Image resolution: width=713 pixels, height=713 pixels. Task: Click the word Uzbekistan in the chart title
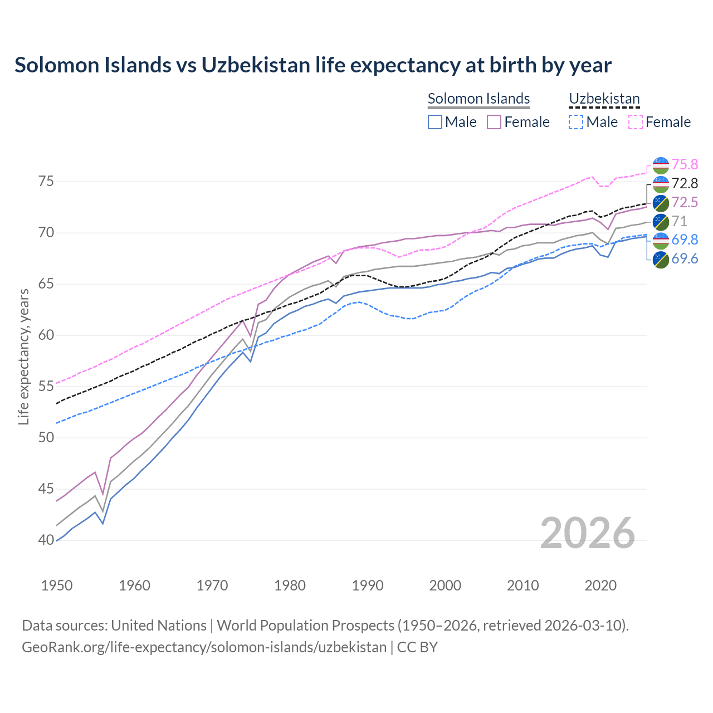tap(255, 65)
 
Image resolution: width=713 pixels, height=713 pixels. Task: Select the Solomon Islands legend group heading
tap(478, 99)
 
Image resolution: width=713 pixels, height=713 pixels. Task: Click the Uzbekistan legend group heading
tap(604, 99)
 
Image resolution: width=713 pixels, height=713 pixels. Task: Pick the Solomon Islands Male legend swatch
tap(435, 122)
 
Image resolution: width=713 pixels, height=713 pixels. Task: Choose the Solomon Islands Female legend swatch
tap(494, 122)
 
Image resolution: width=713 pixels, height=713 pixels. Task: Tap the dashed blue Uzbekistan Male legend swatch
tap(576, 122)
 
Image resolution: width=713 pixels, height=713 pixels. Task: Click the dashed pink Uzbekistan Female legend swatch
tap(636, 122)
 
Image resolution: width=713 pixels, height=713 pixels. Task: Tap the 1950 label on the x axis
tap(57, 585)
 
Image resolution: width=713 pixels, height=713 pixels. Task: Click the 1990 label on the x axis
tap(368, 585)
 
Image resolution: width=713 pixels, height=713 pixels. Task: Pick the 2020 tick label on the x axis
tap(600, 585)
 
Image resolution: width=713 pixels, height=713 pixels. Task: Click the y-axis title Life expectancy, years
tap(23, 356)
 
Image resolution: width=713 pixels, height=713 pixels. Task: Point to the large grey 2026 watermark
tap(588, 533)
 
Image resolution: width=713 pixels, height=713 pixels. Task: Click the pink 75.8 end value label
tap(685, 165)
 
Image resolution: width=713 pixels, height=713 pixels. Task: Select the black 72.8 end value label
tap(685, 184)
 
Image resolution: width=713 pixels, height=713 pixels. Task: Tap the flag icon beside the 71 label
tap(661, 222)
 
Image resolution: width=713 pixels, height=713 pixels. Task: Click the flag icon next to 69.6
tap(661, 259)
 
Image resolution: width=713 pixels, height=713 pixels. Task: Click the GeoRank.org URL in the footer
tap(204, 647)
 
